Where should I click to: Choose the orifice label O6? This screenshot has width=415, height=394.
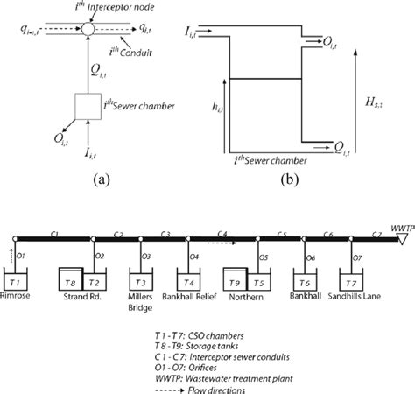310,257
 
